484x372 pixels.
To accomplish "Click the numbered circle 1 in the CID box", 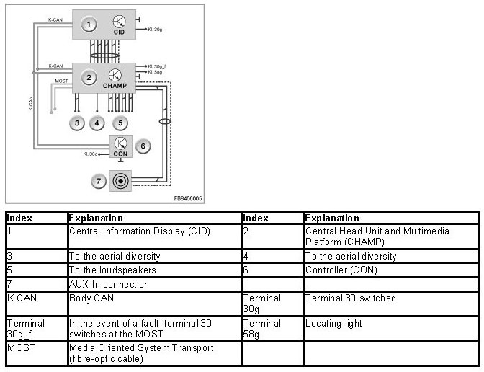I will pos(89,25).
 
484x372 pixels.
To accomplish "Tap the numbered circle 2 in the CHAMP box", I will pos(89,77).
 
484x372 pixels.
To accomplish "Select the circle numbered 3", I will pos(77,123).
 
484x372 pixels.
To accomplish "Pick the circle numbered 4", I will pos(97,123).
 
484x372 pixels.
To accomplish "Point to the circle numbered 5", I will pos(120,123).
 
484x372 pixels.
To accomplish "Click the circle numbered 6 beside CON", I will pos(143,146).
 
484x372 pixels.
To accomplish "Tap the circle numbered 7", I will pos(99,180).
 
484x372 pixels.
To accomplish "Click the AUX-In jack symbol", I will pos(120,180).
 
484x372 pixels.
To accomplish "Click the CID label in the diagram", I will pos(120,32).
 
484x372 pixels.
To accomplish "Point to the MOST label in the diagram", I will pos(62,81).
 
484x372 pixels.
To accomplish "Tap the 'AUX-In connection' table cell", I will pos(109,284).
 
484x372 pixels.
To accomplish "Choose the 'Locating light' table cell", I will pos(333,324).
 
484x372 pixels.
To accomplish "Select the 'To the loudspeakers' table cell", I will pos(112,270).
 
